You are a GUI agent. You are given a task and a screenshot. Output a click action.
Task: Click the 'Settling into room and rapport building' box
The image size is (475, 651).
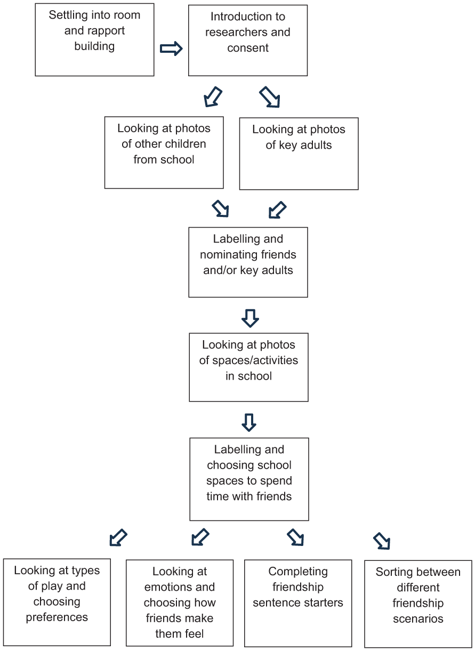[94, 40]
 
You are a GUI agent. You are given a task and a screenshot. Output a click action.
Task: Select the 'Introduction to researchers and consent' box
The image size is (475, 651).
[248, 41]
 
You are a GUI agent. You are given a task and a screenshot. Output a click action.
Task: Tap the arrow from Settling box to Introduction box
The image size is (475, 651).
[171, 48]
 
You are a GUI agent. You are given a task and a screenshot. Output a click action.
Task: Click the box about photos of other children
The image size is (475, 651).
[164, 152]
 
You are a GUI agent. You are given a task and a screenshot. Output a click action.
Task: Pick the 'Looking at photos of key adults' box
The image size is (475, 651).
[299, 154]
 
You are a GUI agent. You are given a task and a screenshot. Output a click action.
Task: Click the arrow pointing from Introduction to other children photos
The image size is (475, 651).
[213, 97]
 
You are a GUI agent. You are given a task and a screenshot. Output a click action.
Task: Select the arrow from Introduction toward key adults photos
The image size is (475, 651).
[270, 97]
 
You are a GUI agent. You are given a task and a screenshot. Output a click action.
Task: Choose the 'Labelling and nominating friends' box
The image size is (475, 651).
[248, 262]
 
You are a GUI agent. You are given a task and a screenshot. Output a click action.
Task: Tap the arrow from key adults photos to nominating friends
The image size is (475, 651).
[277, 210]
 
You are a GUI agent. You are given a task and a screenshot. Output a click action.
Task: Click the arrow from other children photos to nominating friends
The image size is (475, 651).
[221, 208]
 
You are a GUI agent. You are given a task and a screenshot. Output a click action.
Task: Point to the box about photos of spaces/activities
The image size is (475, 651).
[248, 367]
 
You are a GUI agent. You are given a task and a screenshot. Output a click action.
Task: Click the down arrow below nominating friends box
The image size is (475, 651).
[250, 318]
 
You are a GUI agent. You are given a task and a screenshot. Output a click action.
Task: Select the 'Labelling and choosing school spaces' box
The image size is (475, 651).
[249, 479]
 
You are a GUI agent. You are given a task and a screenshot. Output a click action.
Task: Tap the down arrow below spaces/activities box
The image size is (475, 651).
[249, 423]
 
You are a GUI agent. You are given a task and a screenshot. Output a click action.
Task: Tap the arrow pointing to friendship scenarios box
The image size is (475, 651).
[382, 541]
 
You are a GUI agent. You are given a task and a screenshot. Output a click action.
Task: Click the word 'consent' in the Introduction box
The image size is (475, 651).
[248, 48]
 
